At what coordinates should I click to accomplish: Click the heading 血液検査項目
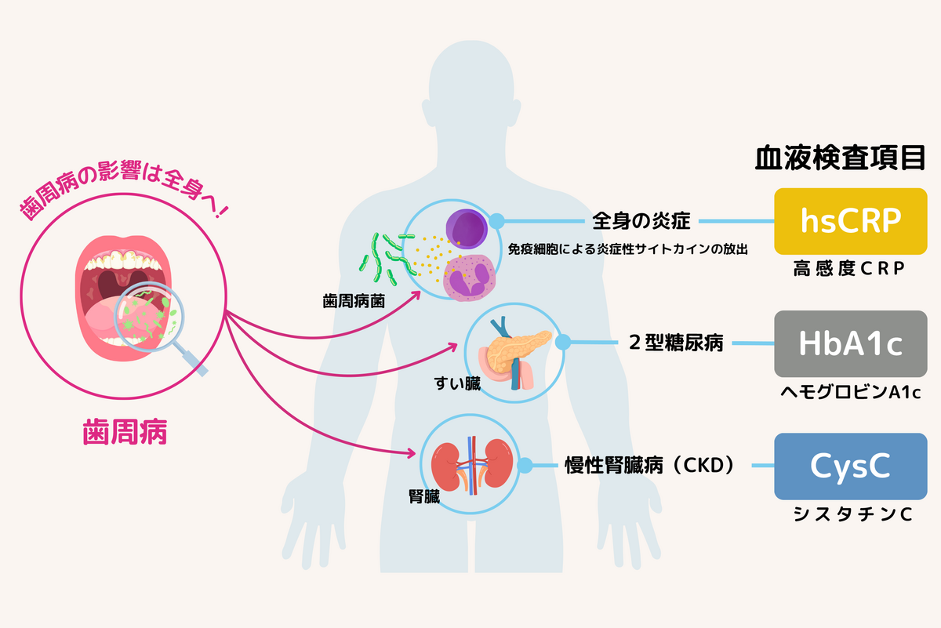coord(840,158)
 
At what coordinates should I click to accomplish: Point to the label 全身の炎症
coord(641,221)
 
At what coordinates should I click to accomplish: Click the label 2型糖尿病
coord(676,343)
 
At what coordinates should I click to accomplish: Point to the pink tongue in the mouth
coord(105,319)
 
